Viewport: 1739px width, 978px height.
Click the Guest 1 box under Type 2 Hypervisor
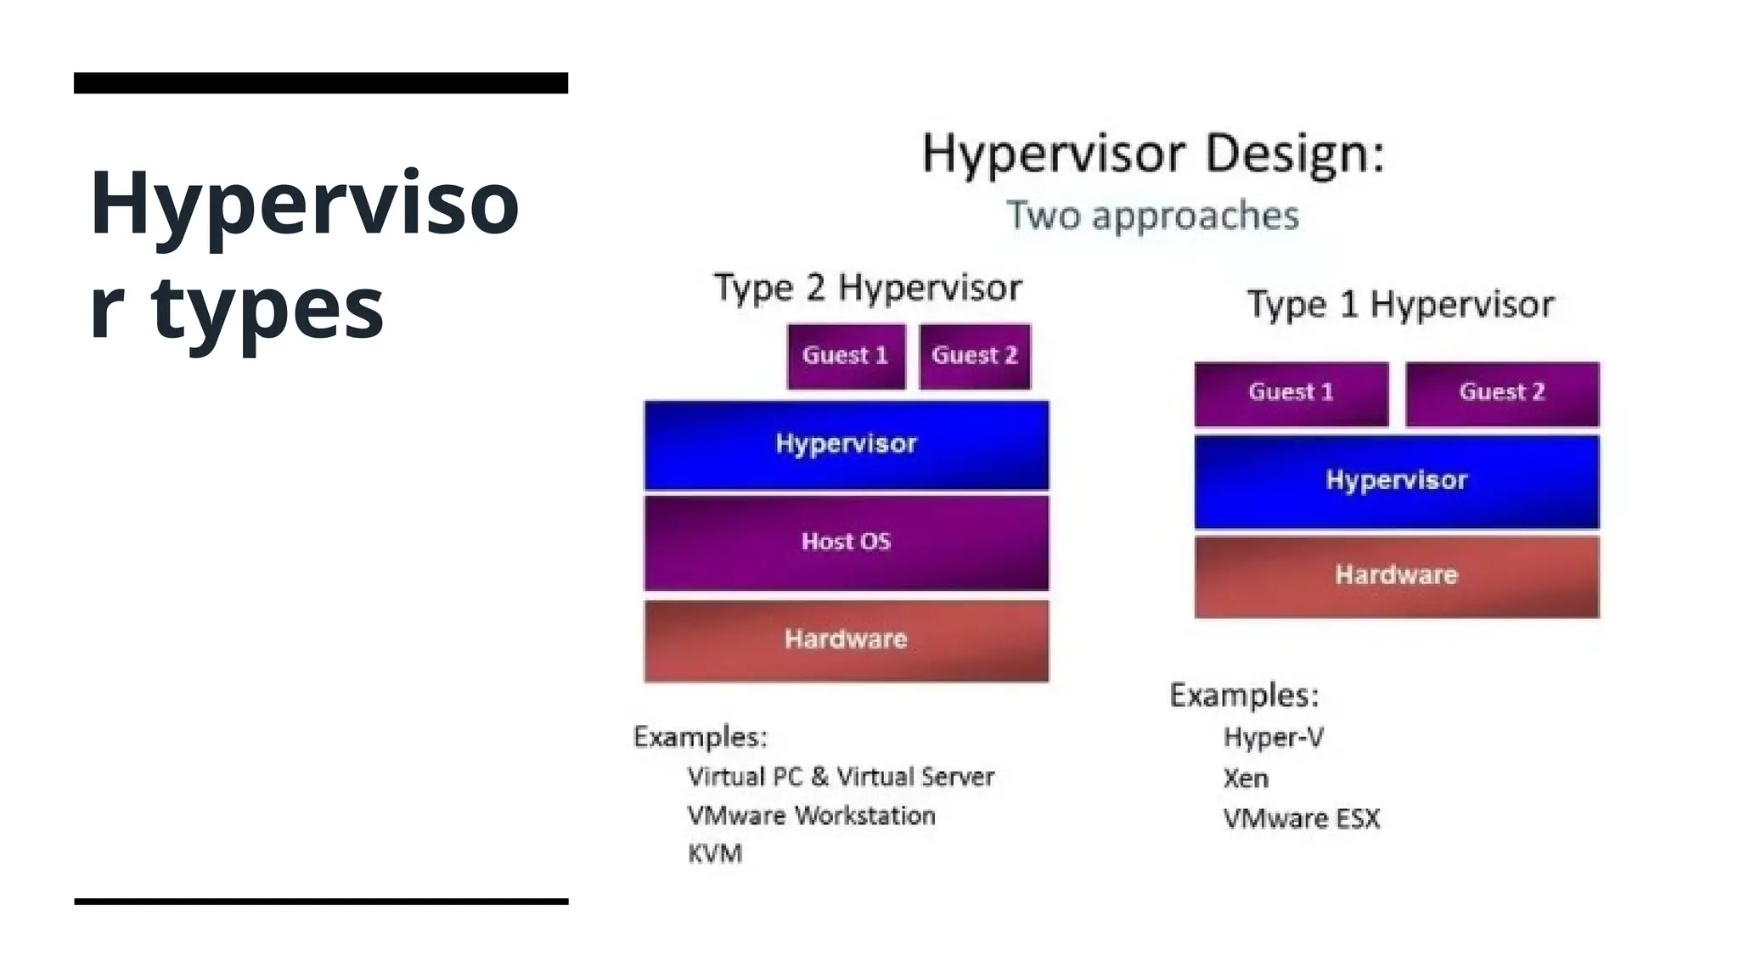846,356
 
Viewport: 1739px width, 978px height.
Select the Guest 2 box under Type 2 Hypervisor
975,356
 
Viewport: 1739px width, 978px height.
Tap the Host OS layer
846,542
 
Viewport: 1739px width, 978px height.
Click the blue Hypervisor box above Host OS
846,444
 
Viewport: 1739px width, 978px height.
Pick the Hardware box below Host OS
846,639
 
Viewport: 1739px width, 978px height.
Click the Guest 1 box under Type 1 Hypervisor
1291,393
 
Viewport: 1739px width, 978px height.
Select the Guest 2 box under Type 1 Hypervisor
1501,393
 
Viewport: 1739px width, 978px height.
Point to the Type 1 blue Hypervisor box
1396,481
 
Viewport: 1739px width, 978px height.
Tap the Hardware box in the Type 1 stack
1396,576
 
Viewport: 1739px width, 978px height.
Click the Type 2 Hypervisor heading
867,288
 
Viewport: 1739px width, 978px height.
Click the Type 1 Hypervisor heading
1400,305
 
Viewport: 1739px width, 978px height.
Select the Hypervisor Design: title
1152,155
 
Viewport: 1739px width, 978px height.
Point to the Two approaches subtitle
1152,216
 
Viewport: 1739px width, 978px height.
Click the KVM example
715,853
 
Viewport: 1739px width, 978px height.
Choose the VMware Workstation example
811,816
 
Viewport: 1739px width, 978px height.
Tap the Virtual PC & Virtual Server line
841,777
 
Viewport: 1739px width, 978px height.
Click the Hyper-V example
1273,738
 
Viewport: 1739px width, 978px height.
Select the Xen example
1246,778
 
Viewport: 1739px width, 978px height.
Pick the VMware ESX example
1301,819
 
